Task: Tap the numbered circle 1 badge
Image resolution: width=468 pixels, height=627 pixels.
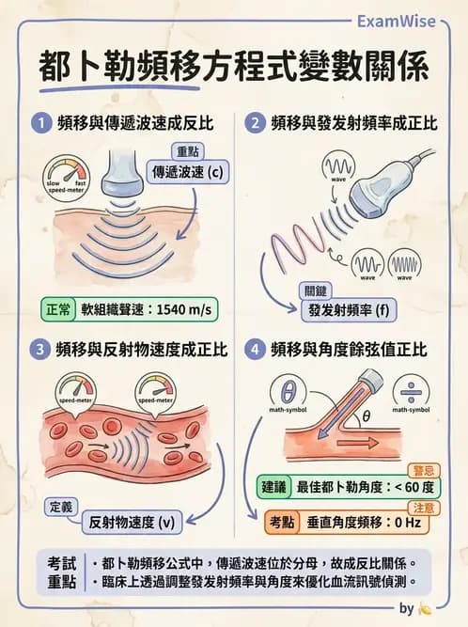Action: pos(39,122)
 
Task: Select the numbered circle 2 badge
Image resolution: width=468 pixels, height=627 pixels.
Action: pos(253,122)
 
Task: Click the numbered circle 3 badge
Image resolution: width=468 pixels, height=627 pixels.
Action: pos(39,349)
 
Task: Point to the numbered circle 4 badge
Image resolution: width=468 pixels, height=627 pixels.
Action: pos(253,349)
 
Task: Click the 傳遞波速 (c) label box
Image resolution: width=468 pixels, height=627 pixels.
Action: pos(190,173)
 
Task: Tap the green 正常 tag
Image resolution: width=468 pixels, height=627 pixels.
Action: pos(58,310)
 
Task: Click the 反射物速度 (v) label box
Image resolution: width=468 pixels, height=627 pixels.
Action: pos(131,522)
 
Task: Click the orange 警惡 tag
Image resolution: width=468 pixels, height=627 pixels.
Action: pos(421,469)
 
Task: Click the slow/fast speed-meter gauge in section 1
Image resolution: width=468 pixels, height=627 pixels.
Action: pos(66,175)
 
